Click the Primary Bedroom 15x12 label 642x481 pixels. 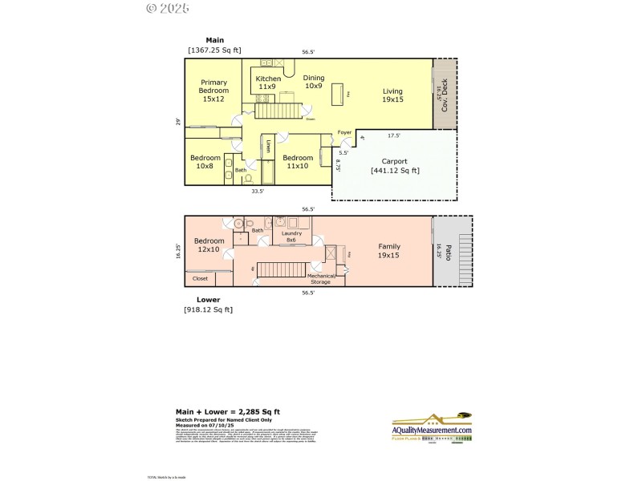213,90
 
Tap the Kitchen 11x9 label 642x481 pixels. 267,83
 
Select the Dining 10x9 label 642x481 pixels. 314,82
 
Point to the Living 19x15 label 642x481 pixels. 392,95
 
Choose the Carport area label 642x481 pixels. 394,165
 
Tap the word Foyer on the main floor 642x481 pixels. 343,133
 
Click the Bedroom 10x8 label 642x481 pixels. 205,162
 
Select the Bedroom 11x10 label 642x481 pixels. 298,162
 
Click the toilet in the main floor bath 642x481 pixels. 248,178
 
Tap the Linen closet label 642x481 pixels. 268,147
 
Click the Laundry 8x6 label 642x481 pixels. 291,236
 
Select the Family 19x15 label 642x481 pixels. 388,251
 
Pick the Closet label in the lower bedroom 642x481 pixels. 200,279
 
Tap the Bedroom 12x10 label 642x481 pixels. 209,245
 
